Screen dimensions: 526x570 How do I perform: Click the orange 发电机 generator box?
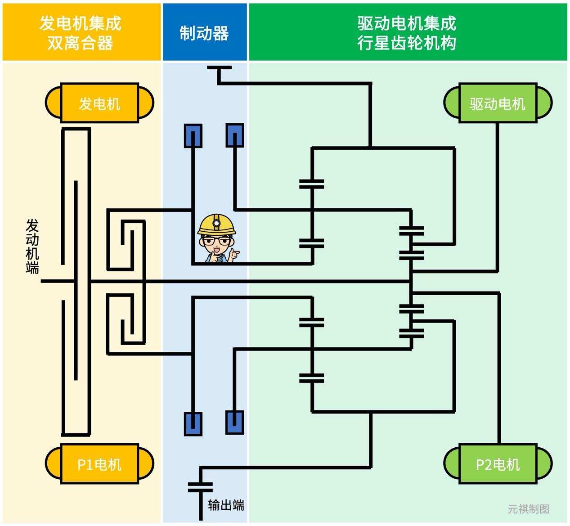[99, 103]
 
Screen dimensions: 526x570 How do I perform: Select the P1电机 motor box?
[99, 464]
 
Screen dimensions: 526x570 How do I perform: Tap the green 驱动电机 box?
[498, 103]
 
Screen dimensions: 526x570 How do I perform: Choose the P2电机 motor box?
[498, 464]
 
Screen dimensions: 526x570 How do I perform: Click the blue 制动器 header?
[205, 32]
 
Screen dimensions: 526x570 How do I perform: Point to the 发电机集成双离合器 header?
[81, 32]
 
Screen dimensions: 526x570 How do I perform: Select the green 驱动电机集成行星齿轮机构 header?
[407, 32]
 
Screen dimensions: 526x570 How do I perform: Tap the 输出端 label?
[226, 505]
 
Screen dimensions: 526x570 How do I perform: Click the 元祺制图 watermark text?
[529, 509]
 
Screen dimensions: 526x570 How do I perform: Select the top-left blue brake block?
[193, 135]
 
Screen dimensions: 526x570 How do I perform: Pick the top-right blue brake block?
[234, 135]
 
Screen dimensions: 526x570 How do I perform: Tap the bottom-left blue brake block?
[193, 423]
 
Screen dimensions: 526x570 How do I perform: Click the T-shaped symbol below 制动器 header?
[219, 68]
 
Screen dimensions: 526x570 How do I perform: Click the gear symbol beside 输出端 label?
[200, 487]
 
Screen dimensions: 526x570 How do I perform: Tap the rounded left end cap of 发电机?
[53, 103]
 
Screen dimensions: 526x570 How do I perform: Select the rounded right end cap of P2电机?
[544, 464]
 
